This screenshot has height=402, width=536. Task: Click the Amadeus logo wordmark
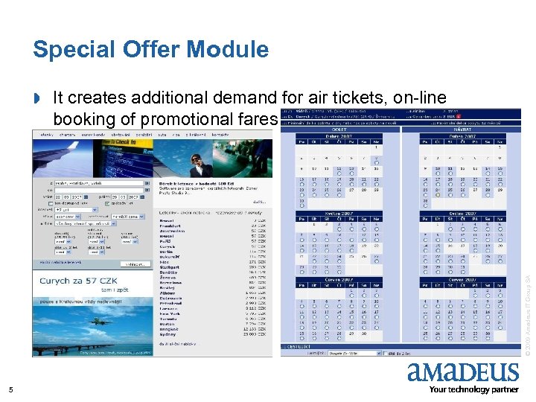(x=462, y=372)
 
